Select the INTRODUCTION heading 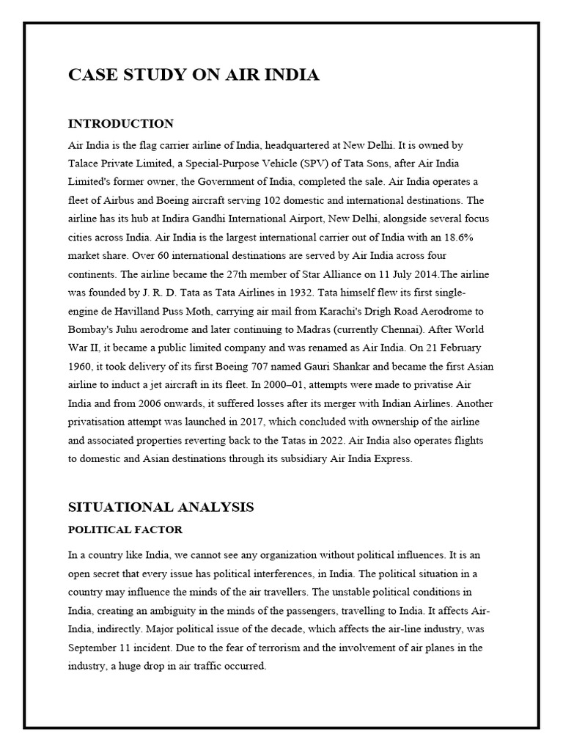[121, 123]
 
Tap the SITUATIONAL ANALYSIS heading [161, 507]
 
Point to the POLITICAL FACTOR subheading [125, 530]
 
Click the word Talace [85, 164]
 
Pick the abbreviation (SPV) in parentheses [309, 164]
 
